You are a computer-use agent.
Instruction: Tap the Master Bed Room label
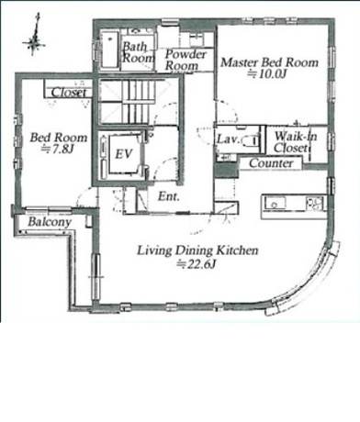click(x=270, y=62)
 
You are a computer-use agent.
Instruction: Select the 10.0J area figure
click(x=269, y=74)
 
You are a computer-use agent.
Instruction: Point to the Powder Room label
click(x=186, y=60)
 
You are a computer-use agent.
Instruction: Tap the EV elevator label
click(x=124, y=154)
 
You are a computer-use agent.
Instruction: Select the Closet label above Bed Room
click(x=69, y=93)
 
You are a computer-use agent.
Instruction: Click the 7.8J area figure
click(x=58, y=150)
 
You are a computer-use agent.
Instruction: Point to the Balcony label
click(x=50, y=222)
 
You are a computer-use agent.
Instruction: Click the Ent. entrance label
click(x=169, y=196)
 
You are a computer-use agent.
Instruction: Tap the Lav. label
click(x=228, y=139)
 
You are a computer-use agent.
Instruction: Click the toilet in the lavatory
click(x=251, y=141)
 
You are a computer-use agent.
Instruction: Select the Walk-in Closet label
click(x=295, y=142)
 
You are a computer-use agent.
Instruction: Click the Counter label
click(x=271, y=163)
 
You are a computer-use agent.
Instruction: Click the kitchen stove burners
click(x=315, y=204)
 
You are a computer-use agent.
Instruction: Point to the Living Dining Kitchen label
click(x=197, y=250)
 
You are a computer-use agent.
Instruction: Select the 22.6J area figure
click(x=197, y=264)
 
